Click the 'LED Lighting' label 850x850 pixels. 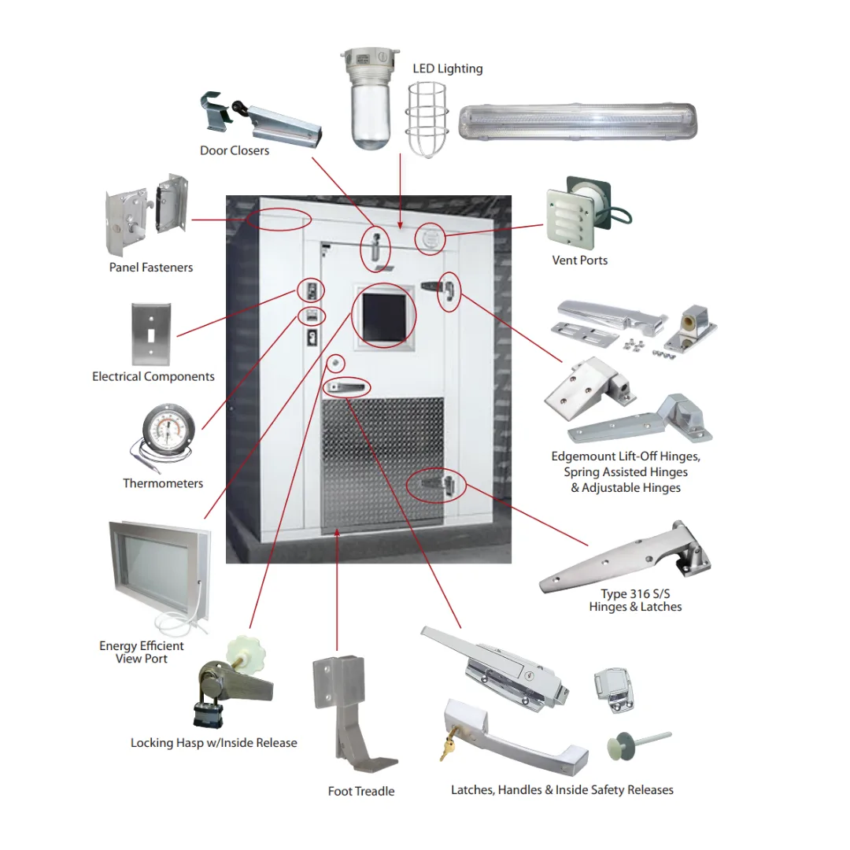point(447,68)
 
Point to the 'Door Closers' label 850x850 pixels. point(235,150)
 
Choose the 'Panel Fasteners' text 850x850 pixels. point(151,268)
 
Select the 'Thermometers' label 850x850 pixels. point(163,483)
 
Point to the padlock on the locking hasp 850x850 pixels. point(207,708)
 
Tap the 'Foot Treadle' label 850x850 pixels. point(361,791)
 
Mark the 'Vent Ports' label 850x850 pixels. point(580,261)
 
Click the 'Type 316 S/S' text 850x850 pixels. point(634,594)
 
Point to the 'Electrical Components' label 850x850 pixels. point(153,377)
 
